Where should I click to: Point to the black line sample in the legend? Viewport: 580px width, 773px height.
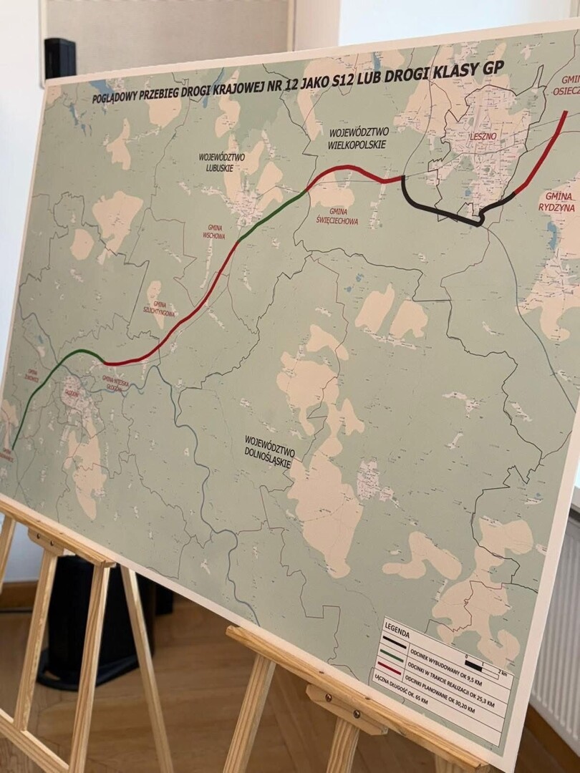tap(395, 642)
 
